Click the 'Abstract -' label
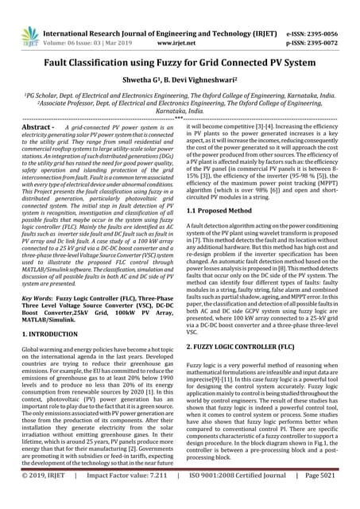pyautogui.click(x=38, y=127)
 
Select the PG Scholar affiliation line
pyautogui.click(x=180, y=98)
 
